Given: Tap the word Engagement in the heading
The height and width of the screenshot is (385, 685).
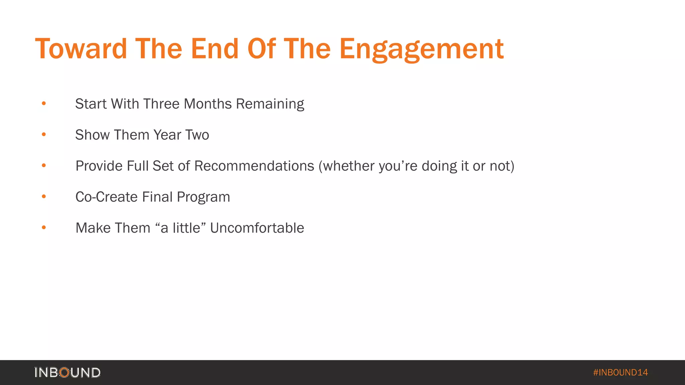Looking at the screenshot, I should pos(421,49).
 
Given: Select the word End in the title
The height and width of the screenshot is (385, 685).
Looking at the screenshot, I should pos(214,49).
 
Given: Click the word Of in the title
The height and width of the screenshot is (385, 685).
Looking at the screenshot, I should pos(262,49).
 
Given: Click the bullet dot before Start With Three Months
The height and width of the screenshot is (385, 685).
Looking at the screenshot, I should pos(44,104).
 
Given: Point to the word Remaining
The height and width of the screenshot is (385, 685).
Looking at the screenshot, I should pos(270,104).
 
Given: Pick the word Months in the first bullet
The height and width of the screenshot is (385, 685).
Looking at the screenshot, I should pos(208,104).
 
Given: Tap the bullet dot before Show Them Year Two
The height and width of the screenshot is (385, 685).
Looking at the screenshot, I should pos(44,135).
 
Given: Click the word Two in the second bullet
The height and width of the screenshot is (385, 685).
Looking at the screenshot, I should pos(197,135).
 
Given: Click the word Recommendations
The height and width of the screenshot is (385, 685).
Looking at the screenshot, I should pos(254,166).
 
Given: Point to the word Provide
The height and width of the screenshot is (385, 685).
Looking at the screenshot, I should pos(99,166).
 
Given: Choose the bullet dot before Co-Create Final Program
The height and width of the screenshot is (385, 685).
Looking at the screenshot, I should pos(44,197).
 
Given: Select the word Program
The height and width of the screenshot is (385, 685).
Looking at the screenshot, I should pos(203,197).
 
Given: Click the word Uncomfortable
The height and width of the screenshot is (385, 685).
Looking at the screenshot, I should pos(257,228).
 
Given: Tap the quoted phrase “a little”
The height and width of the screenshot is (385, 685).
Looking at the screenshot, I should pos(181,228).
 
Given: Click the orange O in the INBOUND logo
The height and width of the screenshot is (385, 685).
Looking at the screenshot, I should pos(64,372).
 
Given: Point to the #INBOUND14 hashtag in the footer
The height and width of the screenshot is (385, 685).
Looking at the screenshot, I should pos(620,372).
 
